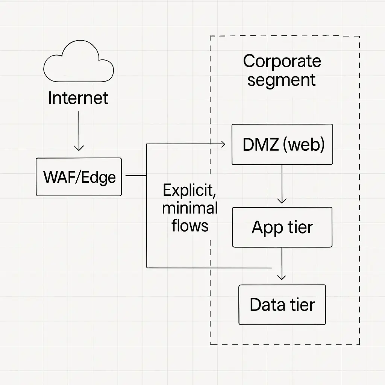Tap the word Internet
(x=78, y=98)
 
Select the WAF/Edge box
(x=79, y=177)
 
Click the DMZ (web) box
(x=282, y=145)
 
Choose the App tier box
(x=282, y=227)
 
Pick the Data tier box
(x=282, y=305)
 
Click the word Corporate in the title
(x=282, y=61)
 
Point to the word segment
(x=281, y=80)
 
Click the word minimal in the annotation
(x=190, y=208)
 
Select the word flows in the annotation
(x=190, y=226)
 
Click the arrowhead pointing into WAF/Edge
(x=79, y=148)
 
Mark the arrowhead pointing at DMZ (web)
(x=222, y=144)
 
